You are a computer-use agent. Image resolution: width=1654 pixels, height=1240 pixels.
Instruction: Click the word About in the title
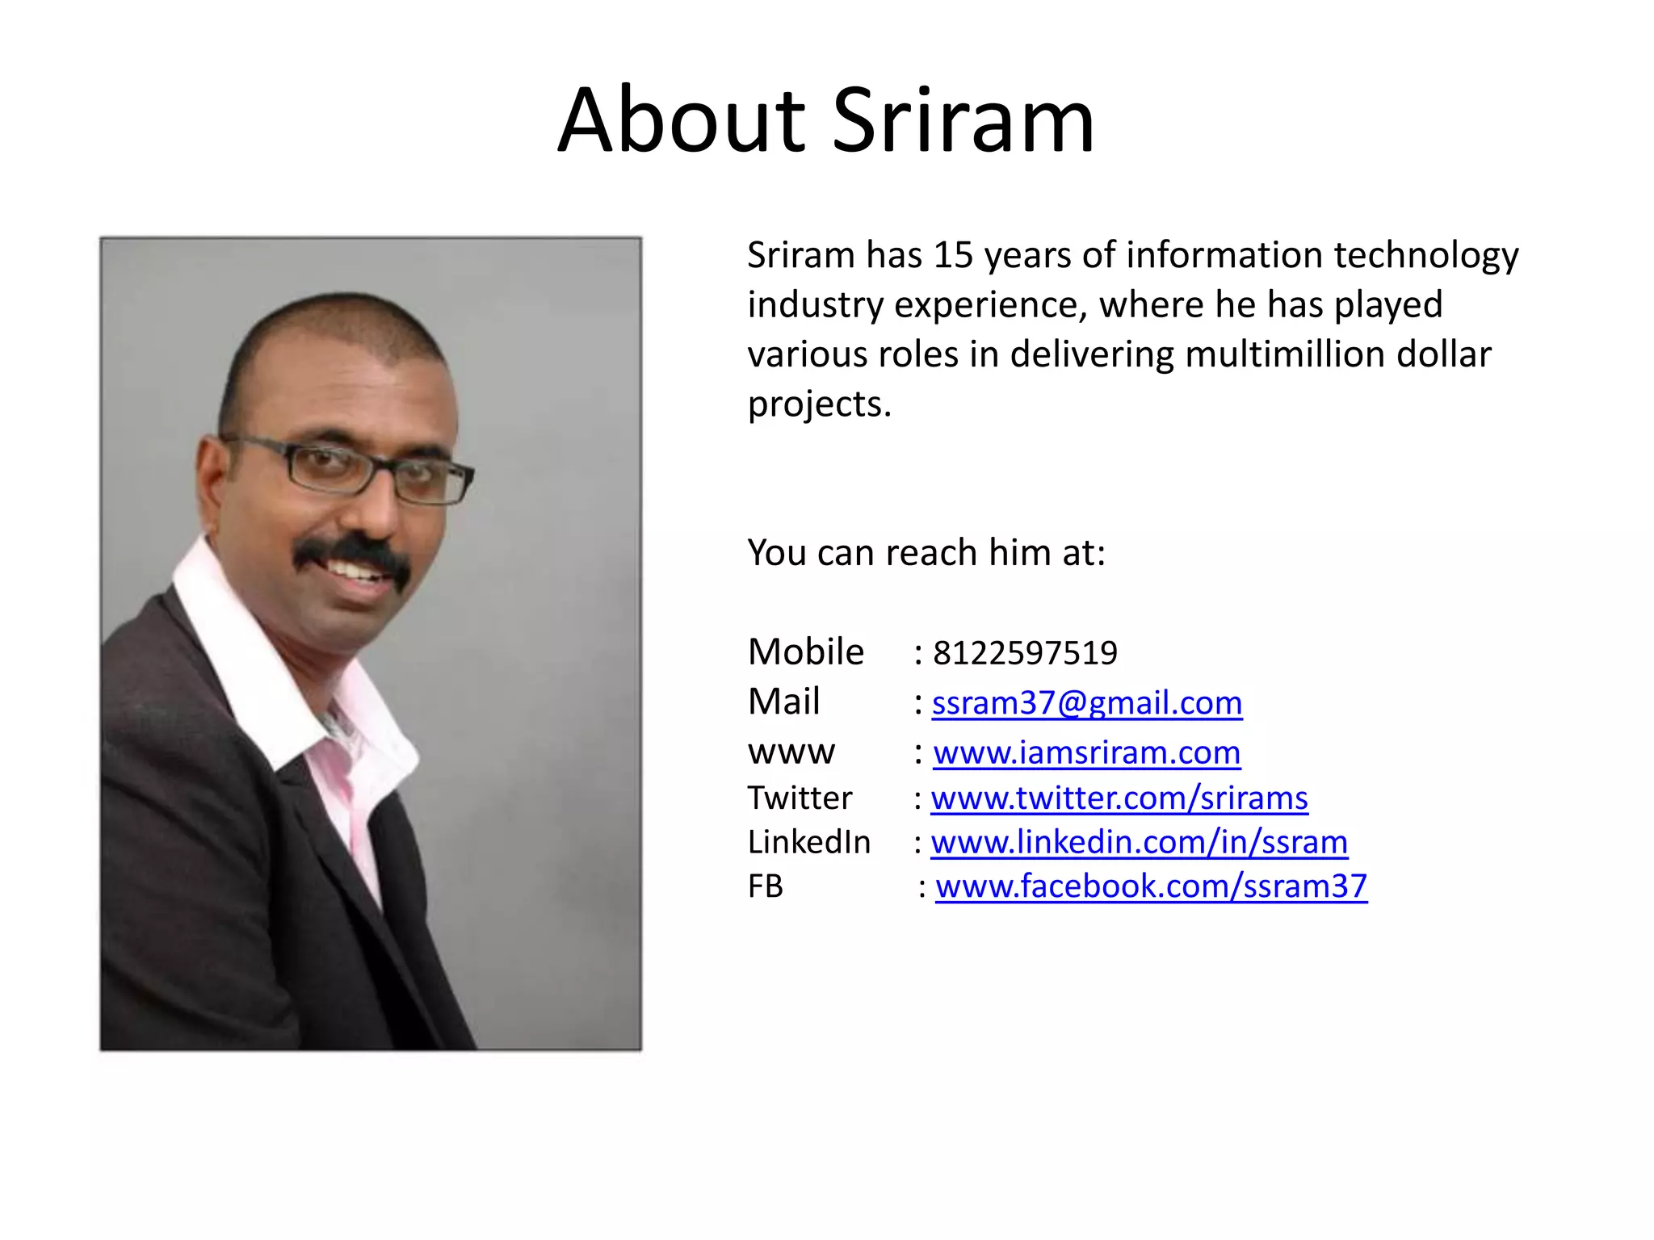click(682, 121)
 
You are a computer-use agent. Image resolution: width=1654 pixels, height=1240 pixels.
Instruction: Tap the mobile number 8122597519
click(1025, 653)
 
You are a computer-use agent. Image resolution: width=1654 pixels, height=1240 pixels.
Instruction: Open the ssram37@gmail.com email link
click(1087, 703)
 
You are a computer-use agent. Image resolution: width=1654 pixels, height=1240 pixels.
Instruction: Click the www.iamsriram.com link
click(1087, 752)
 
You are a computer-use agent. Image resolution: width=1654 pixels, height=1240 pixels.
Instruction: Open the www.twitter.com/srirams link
click(1119, 798)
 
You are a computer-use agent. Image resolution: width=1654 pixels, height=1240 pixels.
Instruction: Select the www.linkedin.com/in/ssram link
click(1140, 842)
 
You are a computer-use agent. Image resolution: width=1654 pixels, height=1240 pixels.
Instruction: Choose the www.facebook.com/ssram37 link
click(1151, 886)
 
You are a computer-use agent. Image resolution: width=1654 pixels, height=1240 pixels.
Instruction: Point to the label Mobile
click(806, 652)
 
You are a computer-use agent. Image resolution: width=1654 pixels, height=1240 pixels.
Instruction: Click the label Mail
click(783, 702)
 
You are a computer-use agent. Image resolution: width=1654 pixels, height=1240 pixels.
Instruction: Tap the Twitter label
click(800, 798)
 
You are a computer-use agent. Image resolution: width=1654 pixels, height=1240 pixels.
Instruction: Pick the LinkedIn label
click(809, 842)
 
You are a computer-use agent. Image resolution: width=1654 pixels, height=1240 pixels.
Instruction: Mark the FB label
click(766, 886)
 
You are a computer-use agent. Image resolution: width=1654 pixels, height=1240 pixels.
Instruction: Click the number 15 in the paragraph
click(953, 255)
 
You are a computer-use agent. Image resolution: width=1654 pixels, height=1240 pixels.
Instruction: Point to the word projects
click(819, 404)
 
